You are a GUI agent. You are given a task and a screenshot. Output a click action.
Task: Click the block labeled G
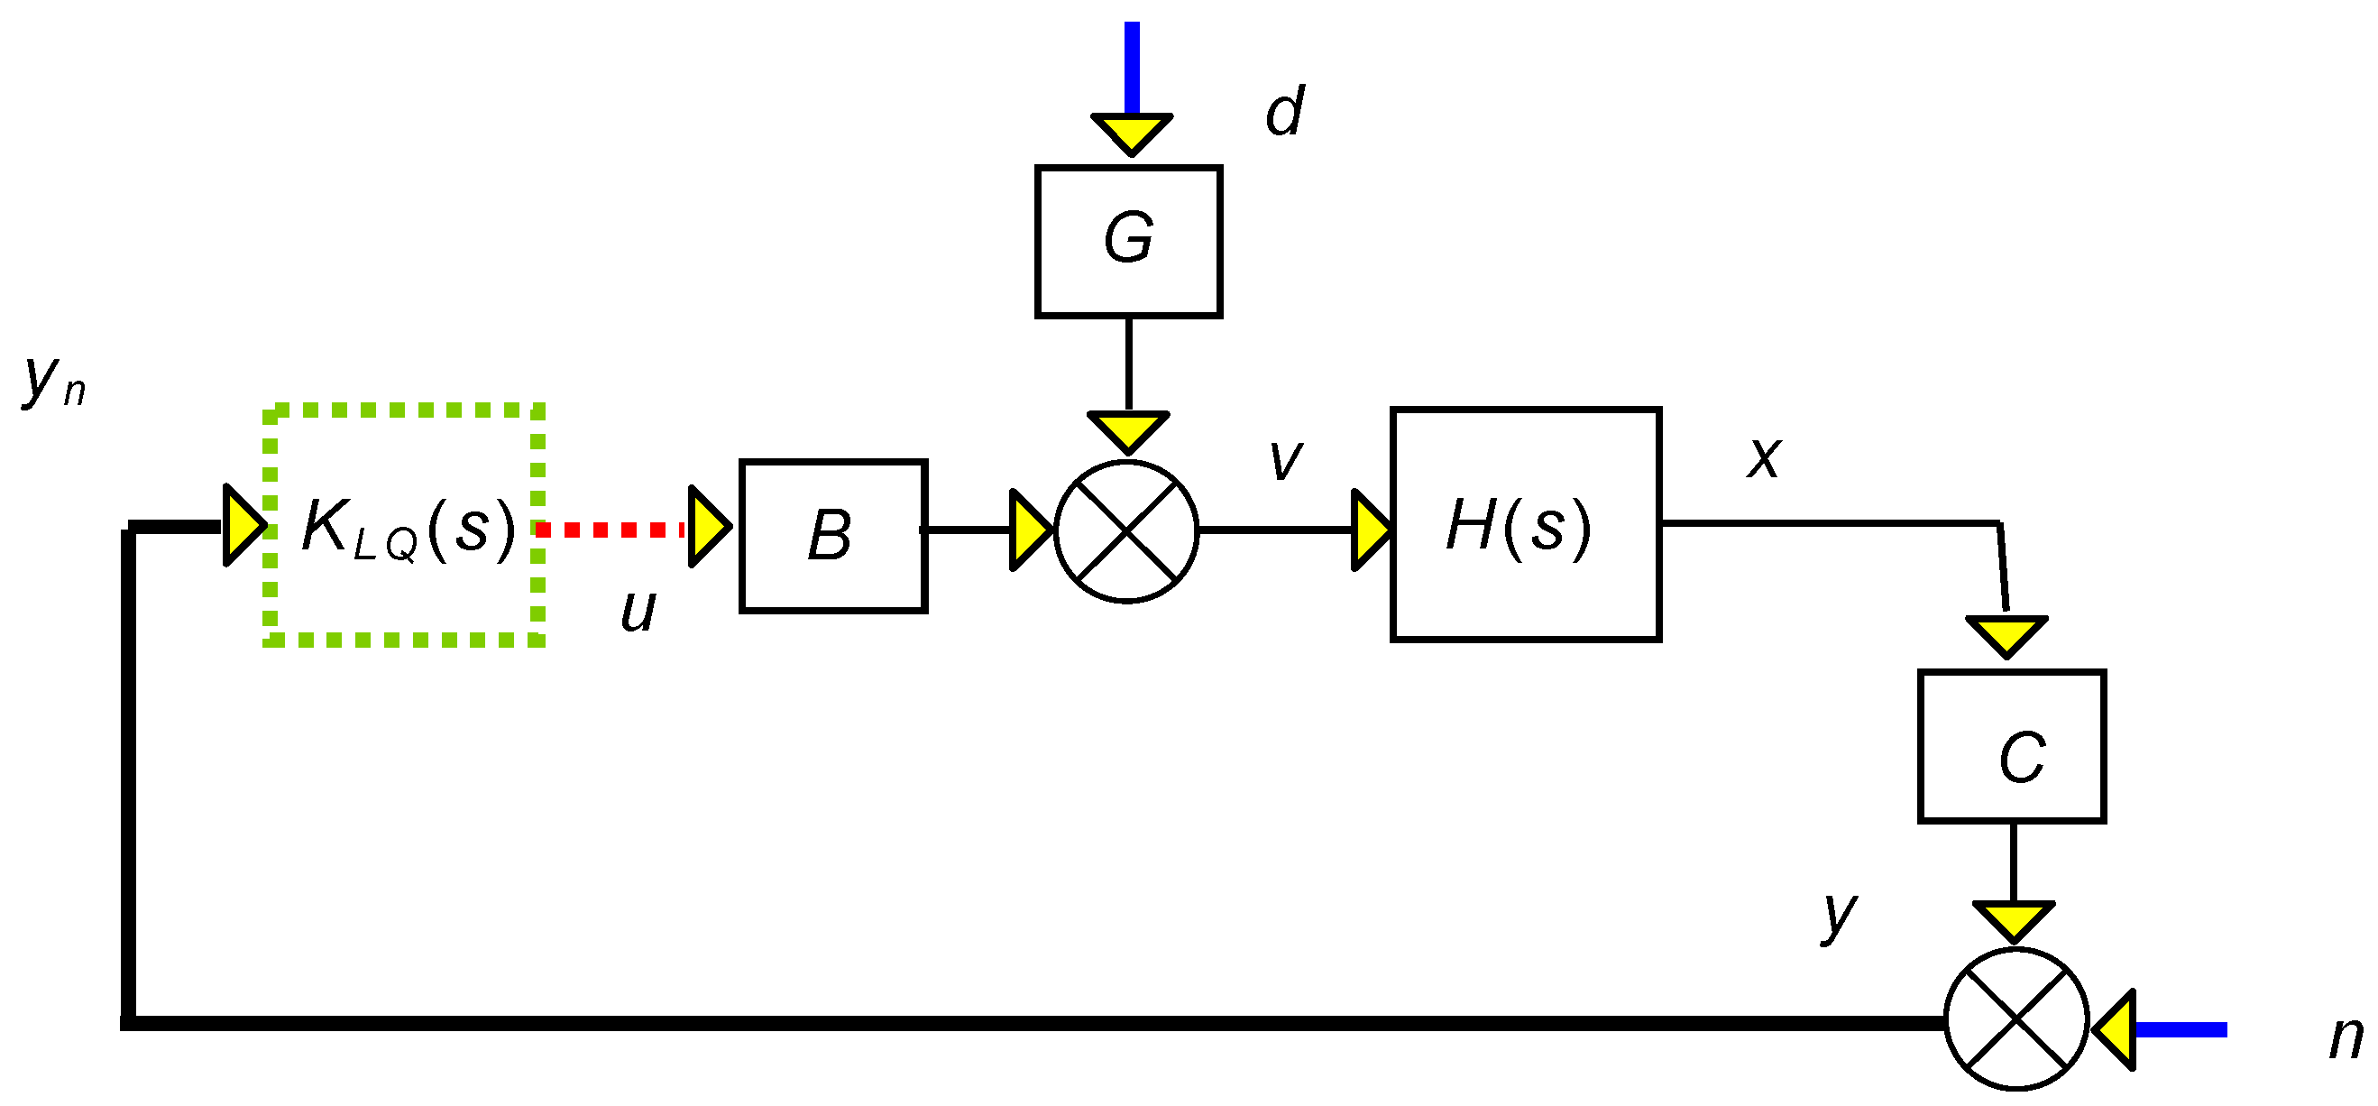coord(1128,241)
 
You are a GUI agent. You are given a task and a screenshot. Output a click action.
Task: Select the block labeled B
coord(832,536)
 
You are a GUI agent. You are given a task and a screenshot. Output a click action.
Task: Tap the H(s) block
coord(1525,523)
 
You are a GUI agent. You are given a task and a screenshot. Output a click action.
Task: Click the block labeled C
coord(2012,746)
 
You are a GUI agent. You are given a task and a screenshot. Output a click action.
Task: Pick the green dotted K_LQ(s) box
coord(404,524)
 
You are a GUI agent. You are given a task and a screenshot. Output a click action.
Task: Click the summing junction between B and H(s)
coord(1126,530)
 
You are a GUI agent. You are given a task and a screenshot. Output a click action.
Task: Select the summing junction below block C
coord(2016,1019)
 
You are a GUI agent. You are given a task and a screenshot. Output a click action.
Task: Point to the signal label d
coord(1284,112)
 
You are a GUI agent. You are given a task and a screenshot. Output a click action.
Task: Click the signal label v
coord(1285,459)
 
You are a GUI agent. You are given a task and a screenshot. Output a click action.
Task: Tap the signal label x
coord(1763,456)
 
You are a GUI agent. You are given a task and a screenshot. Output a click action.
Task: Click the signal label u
coord(638,610)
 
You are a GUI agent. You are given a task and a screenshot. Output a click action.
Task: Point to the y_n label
coord(53,381)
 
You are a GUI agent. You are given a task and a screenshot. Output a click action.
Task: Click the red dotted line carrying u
coord(610,530)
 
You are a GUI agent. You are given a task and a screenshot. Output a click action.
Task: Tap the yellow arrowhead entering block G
coord(1131,134)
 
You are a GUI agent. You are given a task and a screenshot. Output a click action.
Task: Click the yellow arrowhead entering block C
coord(2006,636)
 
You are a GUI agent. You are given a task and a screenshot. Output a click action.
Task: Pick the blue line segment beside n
coord(2181,1029)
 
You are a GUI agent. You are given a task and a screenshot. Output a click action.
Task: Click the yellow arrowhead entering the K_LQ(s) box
coord(243,525)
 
